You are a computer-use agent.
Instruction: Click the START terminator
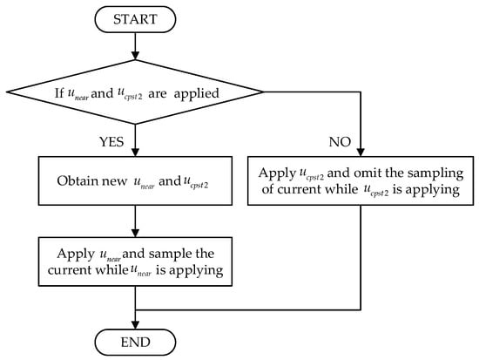[135, 19]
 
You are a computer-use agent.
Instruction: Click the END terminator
[135, 343]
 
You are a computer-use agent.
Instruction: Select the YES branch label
[111, 142]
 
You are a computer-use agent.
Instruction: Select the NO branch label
[340, 142]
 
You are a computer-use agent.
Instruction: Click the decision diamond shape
[135, 92]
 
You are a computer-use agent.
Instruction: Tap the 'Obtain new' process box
[135, 180]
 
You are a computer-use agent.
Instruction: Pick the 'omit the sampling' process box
[361, 180]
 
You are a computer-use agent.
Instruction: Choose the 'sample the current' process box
[135, 262]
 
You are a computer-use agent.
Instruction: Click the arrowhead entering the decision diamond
[135, 56]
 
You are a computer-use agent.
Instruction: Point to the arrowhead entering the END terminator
[135, 325]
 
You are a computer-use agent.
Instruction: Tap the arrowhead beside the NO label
[361, 153]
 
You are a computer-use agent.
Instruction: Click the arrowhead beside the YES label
[135, 153]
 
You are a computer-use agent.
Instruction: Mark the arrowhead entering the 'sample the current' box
[135, 233]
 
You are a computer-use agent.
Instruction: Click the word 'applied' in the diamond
[197, 94]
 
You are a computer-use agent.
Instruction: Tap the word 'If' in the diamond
[59, 93]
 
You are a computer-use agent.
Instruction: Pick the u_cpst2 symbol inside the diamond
[130, 94]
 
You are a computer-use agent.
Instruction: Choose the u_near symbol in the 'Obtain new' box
[144, 182]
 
